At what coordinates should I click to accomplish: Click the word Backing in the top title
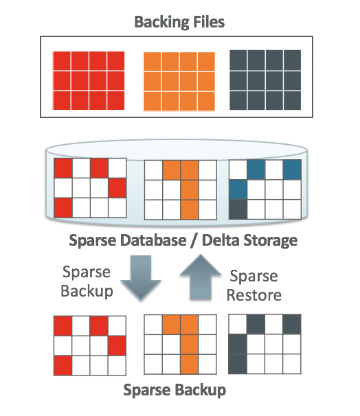(162, 22)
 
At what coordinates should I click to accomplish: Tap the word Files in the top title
(209, 21)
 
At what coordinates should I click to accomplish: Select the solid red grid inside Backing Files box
(89, 80)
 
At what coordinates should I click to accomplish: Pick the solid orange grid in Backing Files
(179, 82)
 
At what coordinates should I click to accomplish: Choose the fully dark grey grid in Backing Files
(265, 80)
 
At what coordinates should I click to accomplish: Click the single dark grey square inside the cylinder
(238, 209)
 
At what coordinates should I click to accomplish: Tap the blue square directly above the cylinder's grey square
(238, 189)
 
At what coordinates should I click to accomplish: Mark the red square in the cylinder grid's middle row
(117, 188)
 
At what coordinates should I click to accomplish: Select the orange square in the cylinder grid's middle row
(190, 190)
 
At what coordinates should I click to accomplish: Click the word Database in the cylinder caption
(153, 240)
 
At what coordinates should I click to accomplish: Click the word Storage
(270, 241)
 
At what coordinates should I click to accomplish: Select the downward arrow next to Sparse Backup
(141, 277)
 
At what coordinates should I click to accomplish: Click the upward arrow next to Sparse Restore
(201, 277)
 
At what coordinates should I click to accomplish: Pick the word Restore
(254, 295)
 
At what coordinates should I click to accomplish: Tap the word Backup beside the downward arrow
(87, 291)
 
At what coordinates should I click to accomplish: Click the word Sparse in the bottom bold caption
(147, 391)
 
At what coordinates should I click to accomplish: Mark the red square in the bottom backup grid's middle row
(117, 345)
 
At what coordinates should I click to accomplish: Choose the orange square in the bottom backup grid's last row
(190, 365)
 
